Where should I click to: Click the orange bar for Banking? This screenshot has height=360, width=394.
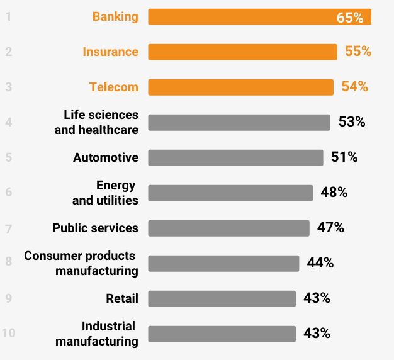pyautogui.click(x=252, y=17)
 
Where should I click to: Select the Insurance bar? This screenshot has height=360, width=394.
pyautogui.click(x=242, y=52)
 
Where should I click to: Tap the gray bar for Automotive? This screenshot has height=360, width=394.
pyautogui.click(x=235, y=157)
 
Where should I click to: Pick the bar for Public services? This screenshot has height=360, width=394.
pyautogui.click(x=228, y=228)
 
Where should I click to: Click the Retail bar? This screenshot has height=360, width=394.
pyautogui.click(x=222, y=298)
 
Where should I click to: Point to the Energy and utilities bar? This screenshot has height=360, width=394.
pyautogui.click(x=230, y=193)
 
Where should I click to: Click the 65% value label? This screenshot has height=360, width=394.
pyautogui.click(x=350, y=18)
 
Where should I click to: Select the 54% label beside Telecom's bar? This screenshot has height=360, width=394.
pyautogui.click(x=354, y=87)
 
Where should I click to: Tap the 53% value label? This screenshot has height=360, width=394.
pyautogui.click(x=352, y=122)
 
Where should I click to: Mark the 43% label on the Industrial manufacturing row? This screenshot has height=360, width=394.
pyautogui.click(x=317, y=334)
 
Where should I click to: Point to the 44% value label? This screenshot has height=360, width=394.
pyautogui.click(x=320, y=263)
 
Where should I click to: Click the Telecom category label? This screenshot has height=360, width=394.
pyautogui.click(x=114, y=87)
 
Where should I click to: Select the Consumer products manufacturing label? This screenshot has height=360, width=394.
pyautogui.click(x=81, y=263)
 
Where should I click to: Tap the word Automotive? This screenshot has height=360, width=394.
pyautogui.click(x=106, y=157)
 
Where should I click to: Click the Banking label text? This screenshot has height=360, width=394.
pyautogui.click(x=115, y=17)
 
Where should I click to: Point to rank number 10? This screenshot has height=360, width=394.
pyautogui.click(x=8, y=334)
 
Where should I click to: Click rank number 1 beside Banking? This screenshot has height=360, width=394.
pyautogui.click(x=9, y=17)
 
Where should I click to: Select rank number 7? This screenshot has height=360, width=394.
pyautogui.click(x=9, y=228)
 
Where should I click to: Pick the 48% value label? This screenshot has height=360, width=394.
pyautogui.click(x=334, y=193)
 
